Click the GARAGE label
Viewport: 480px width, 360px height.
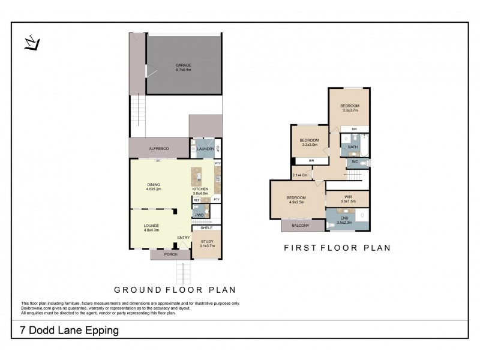(x=183, y=65)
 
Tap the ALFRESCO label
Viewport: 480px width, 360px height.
(x=158, y=148)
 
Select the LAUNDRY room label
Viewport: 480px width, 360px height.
(x=206, y=148)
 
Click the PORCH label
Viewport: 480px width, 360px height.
(x=170, y=254)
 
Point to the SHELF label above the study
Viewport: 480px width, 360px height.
(x=206, y=228)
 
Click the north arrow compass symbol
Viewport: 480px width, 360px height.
(x=32, y=44)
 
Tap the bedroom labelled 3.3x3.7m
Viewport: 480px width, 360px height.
(x=350, y=108)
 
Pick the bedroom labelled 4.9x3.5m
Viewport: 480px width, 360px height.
(x=296, y=200)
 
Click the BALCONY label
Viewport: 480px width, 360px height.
(x=301, y=225)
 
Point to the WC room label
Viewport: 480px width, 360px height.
(x=355, y=162)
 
